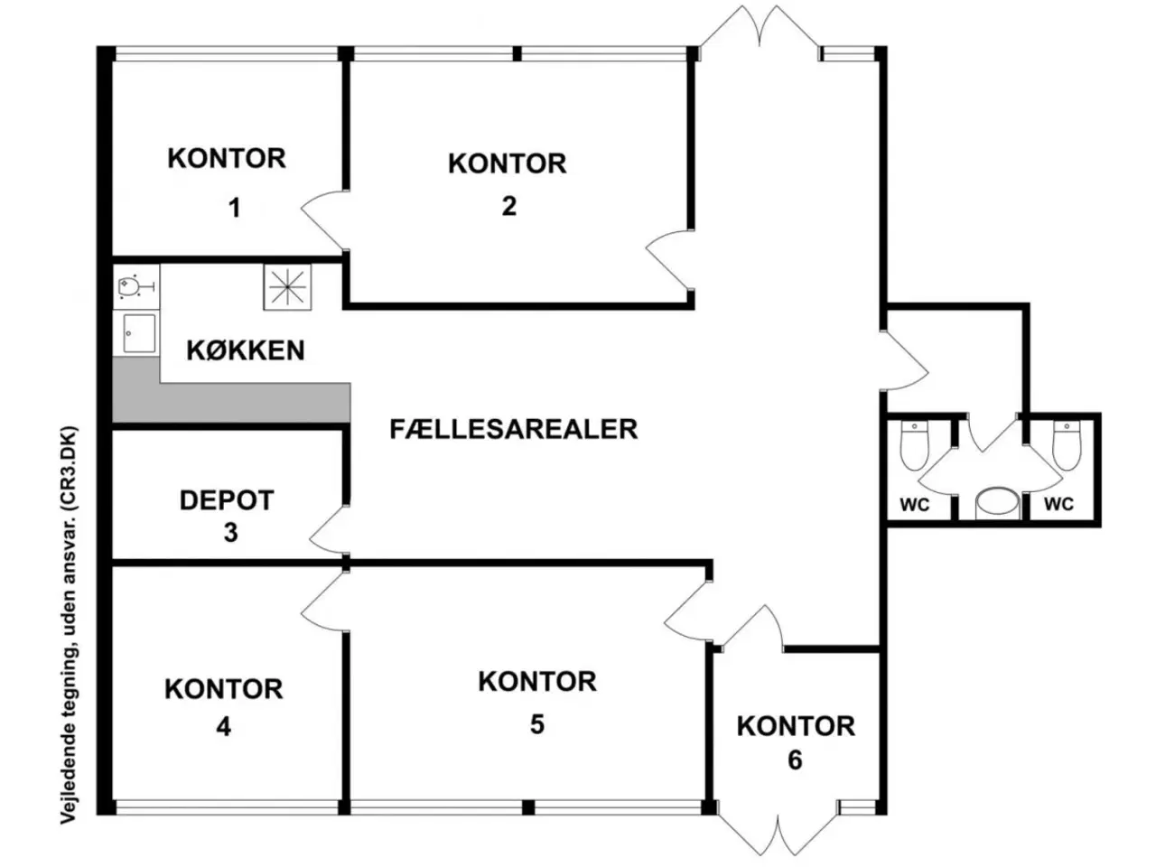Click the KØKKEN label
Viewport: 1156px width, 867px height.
point(246,350)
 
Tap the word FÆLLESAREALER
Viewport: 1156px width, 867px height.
point(514,429)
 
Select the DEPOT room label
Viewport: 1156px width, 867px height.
point(227,500)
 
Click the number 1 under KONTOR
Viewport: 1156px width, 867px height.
point(234,208)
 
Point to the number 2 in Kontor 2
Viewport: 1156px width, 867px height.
point(508,206)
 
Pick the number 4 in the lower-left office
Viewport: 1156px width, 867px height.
point(223,728)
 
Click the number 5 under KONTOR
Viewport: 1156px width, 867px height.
point(536,724)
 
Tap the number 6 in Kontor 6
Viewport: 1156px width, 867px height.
point(795,760)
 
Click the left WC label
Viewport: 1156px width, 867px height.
point(915,505)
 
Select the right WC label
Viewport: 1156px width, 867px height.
point(1058,504)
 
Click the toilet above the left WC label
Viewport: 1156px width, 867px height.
point(914,445)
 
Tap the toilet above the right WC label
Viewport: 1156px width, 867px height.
point(1067,445)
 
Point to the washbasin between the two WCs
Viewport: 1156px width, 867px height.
point(996,503)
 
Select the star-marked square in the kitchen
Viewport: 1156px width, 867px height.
point(287,287)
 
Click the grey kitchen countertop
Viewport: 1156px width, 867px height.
point(232,402)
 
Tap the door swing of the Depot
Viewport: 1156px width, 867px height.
point(329,529)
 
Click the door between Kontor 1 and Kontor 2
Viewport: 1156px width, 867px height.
point(324,220)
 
